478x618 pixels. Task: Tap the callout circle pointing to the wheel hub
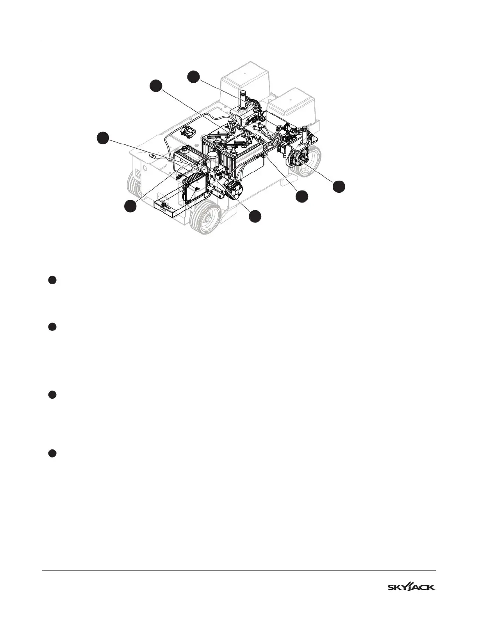339,186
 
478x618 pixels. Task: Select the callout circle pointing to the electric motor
255,216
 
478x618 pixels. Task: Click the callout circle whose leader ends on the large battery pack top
156,86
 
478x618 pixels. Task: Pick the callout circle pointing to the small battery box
130,206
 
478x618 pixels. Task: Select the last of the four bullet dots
52,453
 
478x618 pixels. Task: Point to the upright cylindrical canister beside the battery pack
213,160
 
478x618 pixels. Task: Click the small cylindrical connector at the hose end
154,156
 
